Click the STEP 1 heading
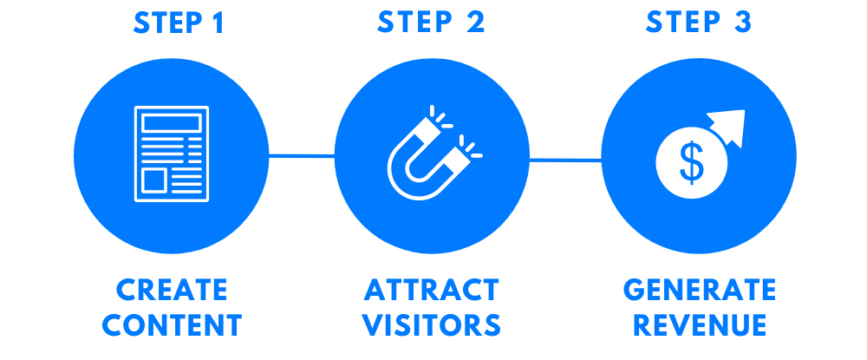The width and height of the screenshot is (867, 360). (179, 23)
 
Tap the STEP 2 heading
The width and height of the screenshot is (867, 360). (431, 22)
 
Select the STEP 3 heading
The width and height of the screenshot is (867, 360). (699, 22)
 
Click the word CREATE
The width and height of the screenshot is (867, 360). (172, 290)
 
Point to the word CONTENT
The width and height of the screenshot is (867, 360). (172, 325)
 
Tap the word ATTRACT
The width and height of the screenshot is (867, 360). (432, 290)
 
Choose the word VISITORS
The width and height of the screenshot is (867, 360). (432, 325)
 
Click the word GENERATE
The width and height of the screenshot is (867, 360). (700, 290)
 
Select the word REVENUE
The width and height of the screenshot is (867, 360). (700, 325)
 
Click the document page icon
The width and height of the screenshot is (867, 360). (172, 154)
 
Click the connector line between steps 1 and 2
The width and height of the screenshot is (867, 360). (302, 156)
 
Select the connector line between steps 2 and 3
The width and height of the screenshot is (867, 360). (565, 160)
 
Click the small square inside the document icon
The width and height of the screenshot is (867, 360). (155, 180)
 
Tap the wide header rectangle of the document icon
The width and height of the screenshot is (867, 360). (172, 122)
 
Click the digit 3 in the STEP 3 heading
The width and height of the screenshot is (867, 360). (743, 22)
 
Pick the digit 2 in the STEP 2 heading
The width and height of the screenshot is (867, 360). (475, 22)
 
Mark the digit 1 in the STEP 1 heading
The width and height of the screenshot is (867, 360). (218, 23)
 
